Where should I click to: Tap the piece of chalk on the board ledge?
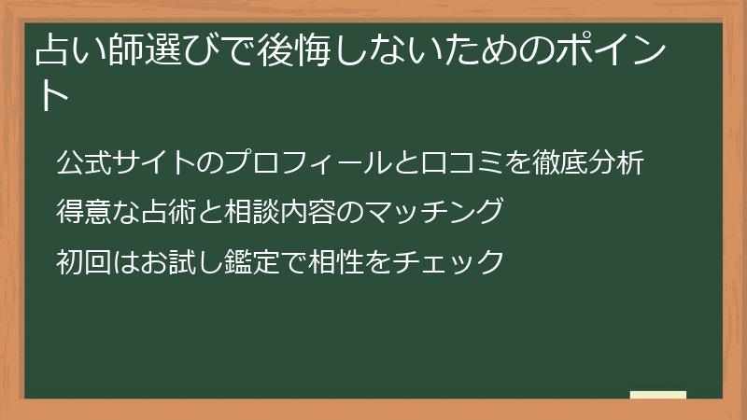click(x=658, y=395)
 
